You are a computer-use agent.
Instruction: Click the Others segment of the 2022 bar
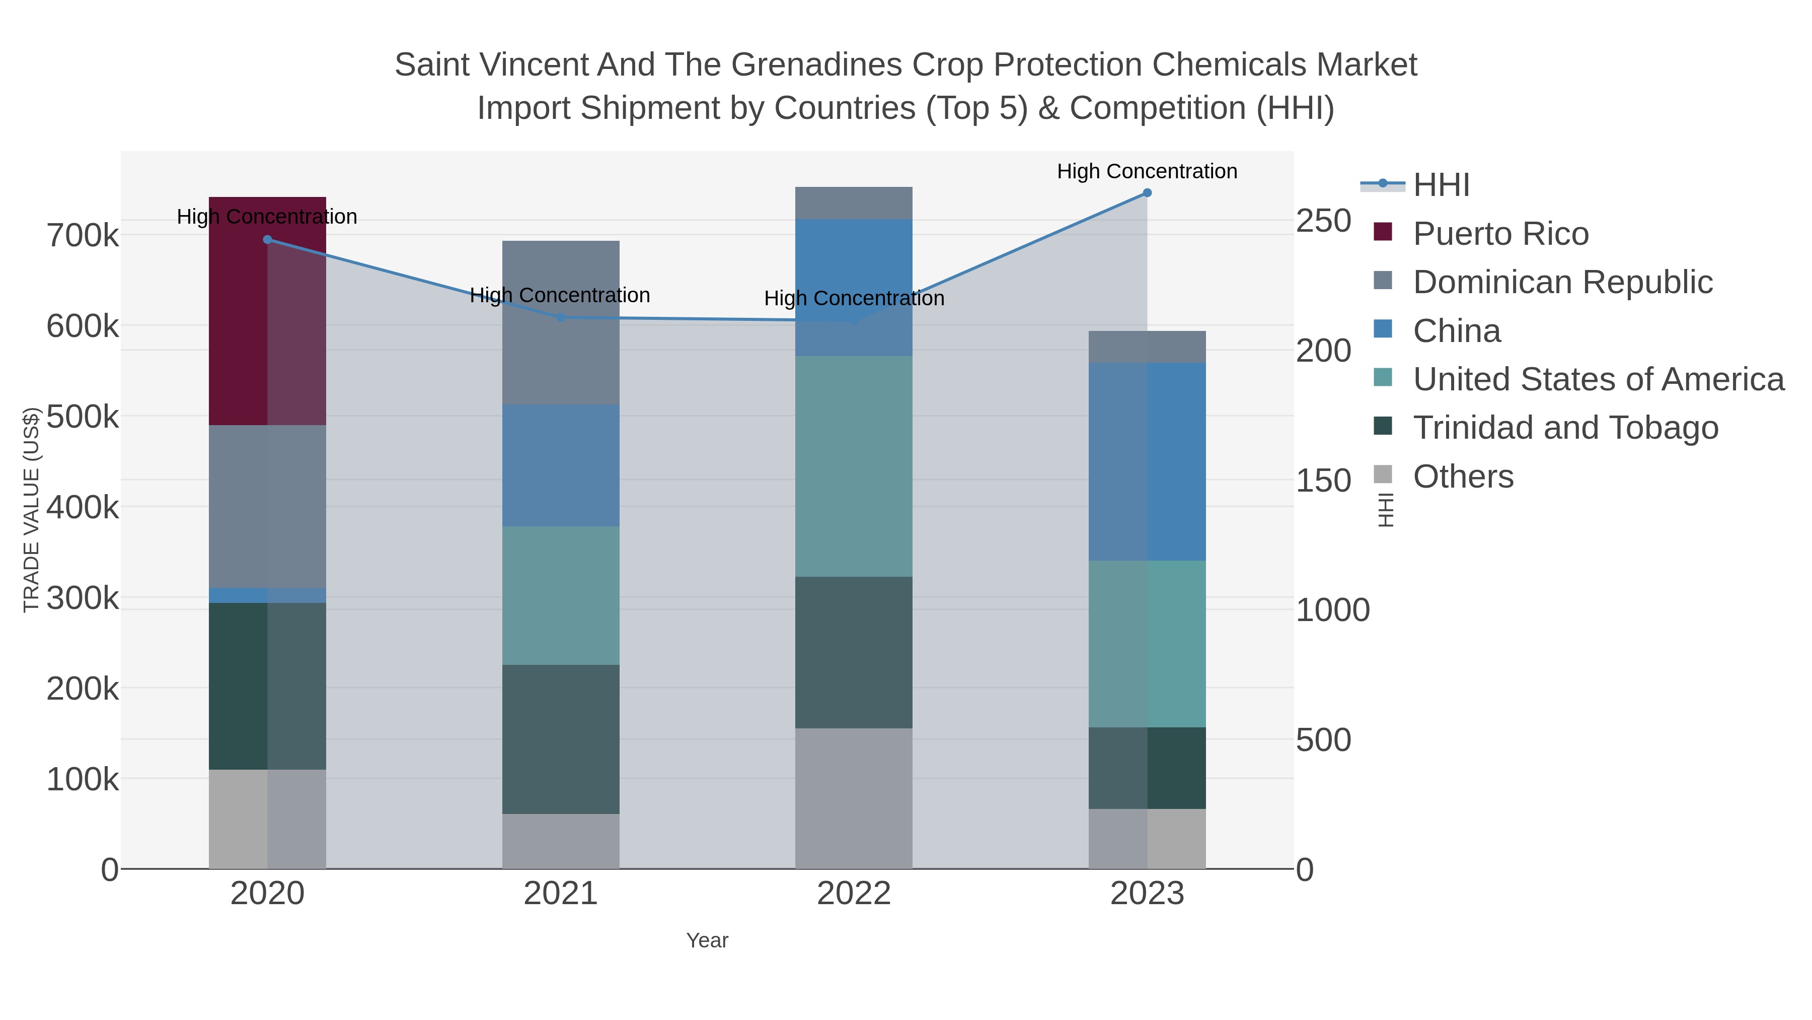(x=853, y=798)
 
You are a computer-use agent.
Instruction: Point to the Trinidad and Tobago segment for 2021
(x=561, y=739)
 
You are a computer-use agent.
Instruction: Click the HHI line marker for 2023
(x=1147, y=193)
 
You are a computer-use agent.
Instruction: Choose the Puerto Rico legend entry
(x=1500, y=234)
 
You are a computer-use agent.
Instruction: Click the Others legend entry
(x=1462, y=477)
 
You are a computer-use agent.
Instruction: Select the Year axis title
(x=707, y=940)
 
